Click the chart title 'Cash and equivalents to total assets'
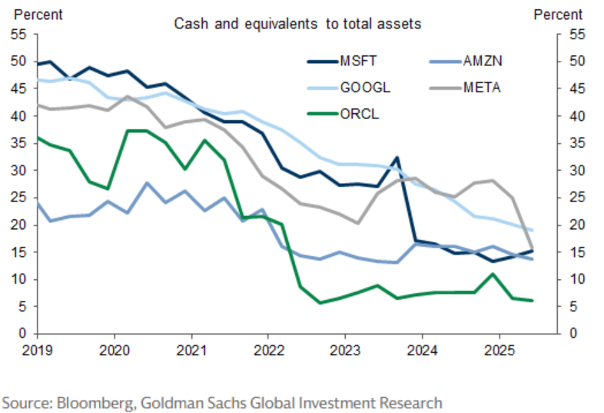coord(297,24)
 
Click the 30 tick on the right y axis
coord(574,171)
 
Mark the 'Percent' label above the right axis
coord(558,14)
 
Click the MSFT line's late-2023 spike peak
coord(396,158)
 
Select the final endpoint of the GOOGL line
coord(533,231)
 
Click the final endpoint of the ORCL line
coord(533,301)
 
